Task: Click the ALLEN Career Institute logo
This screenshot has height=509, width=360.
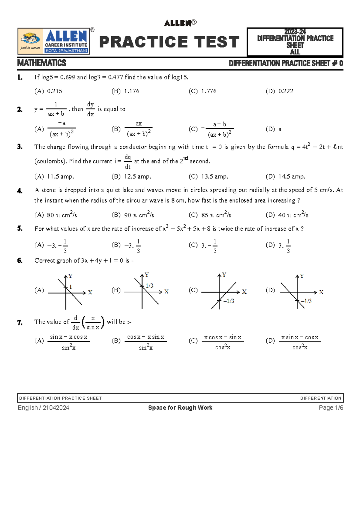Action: pos(54,41)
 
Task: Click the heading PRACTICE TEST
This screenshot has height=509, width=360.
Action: pos(169,42)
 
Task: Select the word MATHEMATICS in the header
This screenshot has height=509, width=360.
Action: pos(42,63)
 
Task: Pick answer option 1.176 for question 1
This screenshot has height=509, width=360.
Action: pos(132,91)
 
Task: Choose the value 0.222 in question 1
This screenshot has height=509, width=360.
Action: pos(286,91)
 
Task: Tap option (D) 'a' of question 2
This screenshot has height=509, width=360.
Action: pos(280,129)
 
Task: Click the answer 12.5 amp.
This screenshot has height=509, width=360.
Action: pos(137,177)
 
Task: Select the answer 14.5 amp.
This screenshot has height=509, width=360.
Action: pos(292,177)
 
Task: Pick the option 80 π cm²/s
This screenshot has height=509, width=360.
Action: pos(62,215)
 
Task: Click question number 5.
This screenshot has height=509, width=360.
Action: pos(20,228)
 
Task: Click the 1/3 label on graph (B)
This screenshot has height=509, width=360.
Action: pos(149,286)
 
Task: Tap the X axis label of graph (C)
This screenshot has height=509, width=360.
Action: pos(244,292)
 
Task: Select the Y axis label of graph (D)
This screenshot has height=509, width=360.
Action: pos(302,276)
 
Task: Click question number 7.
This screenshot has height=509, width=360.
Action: pos(20,323)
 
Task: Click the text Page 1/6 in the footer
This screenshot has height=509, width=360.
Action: pos(331,408)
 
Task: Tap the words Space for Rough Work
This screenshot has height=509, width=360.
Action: pos(180,408)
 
